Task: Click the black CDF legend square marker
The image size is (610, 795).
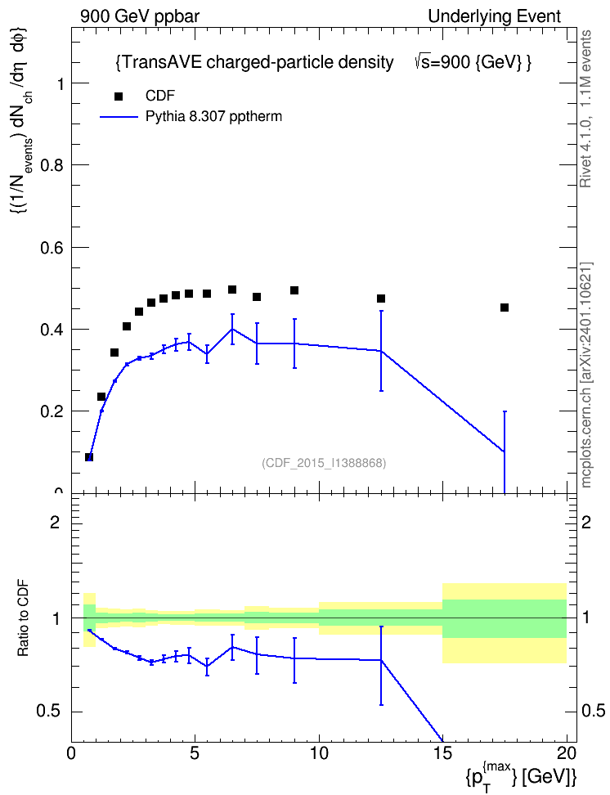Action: tap(119, 97)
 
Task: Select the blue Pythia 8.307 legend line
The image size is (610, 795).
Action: tap(119, 117)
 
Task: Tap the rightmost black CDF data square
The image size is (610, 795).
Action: tap(504, 308)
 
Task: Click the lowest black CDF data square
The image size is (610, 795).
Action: tap(89, 457)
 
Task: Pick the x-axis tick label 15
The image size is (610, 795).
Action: tap(442, 753)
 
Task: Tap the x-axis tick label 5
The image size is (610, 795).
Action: tap(195, 753)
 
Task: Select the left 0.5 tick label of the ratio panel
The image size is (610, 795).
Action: tap(49, 712)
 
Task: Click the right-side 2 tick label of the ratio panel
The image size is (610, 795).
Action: tap(586, 522)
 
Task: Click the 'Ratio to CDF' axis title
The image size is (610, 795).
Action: tap(24, 618)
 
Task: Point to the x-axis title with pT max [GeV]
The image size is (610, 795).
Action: tap(521, 775)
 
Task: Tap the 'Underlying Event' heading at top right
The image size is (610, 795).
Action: tap(495, 16)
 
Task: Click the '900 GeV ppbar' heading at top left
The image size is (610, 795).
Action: tap(140, 16)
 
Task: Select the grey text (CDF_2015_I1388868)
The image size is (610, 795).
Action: tap(324, 463)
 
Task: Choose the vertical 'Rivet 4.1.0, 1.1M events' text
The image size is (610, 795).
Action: tap(585, 109)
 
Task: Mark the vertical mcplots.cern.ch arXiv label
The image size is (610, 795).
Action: tap(586, 375)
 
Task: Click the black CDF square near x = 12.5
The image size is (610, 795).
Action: tap(381, 298)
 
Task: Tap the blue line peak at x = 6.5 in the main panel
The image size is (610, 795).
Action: tap(232, 329)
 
